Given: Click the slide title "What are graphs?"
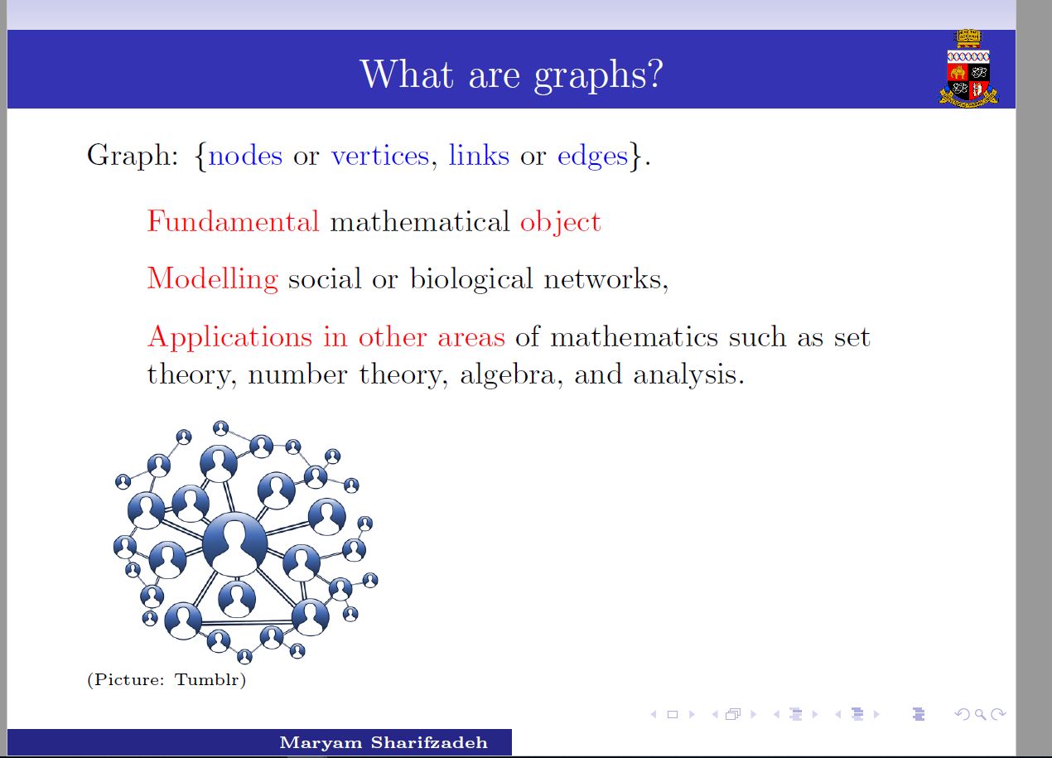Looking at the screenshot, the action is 511,75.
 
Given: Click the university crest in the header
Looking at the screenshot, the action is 968,69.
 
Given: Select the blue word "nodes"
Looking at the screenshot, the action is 245,156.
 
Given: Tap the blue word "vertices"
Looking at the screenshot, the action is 380,156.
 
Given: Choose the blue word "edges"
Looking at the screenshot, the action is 592,157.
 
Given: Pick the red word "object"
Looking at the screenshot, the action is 560,222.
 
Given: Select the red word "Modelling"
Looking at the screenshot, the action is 213,279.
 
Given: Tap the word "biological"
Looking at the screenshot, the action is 471,279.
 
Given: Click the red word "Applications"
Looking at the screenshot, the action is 229,337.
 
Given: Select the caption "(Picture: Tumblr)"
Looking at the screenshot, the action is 166,679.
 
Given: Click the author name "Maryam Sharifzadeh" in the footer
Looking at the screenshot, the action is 384,742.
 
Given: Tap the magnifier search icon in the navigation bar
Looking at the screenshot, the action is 980,714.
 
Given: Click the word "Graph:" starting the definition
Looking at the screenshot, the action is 133,156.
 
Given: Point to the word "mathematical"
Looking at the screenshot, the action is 420,222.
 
